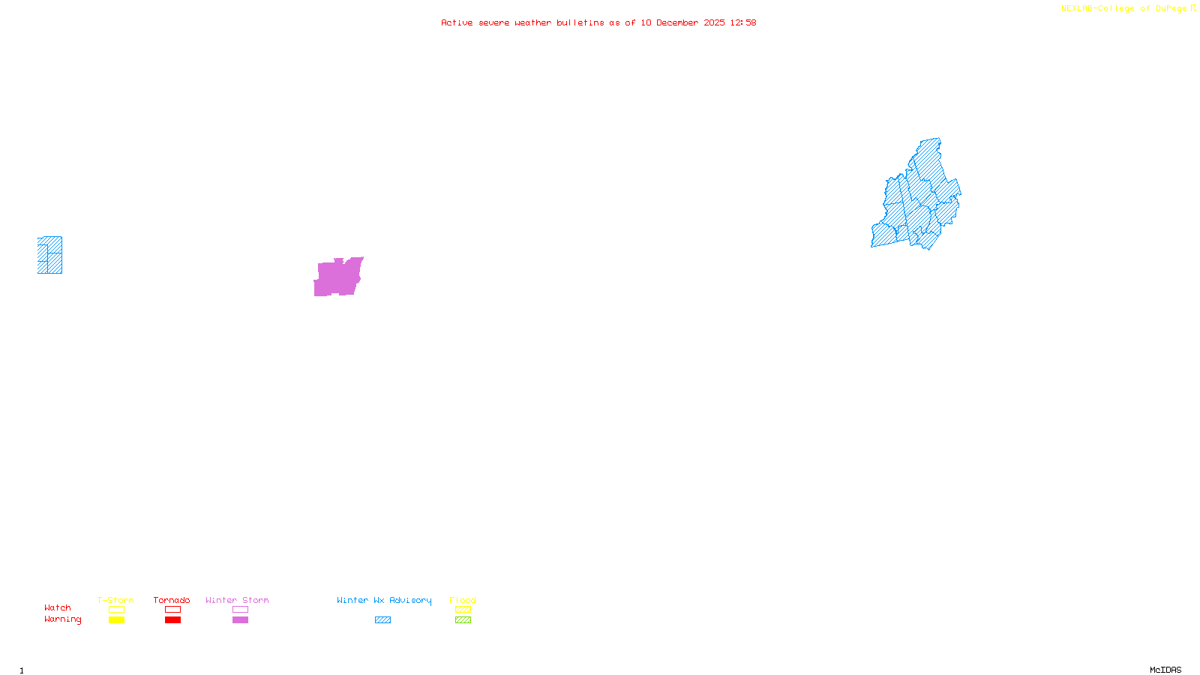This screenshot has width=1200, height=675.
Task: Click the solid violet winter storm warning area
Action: tap(337, 277)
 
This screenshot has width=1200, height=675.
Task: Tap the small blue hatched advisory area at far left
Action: tap(50, 255)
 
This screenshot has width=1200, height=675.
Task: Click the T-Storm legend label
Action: tap(115, 600)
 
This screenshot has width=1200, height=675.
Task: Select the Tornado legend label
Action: tap(172, 600)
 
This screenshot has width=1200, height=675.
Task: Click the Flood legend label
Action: tap(463, 600)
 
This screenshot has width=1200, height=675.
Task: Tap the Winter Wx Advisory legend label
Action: tap(384, 600)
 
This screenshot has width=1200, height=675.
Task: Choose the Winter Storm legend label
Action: tap(237, 600)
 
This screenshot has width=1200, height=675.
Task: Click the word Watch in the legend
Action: tap(58, 607)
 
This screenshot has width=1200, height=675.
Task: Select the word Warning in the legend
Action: tap(63, 619)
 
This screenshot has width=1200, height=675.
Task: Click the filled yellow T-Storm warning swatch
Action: tap(116, 620)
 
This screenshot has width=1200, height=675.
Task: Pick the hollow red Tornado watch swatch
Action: tap(172, 610)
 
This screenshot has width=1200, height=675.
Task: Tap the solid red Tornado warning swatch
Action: tap(172, 620)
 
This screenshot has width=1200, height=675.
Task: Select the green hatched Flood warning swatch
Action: tap(463, 620)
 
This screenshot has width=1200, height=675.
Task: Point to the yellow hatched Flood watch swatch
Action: tap(463, 610)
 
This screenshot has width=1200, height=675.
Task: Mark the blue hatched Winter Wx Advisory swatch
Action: tap(382, 620)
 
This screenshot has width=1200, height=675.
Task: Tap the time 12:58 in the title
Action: tap(743, 22)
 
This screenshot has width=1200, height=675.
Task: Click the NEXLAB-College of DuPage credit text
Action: tap(1124, 9)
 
